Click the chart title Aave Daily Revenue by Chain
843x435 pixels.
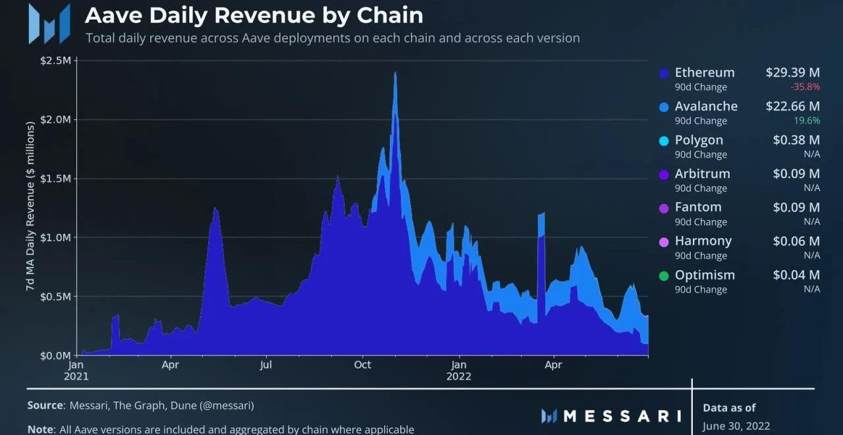tap(254, 15)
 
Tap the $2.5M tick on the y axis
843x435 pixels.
tap(56, 61)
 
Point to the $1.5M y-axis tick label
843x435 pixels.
tap(56, 179)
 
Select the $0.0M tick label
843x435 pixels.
tap(56, 355)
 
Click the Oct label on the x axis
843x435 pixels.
tap(362, 364)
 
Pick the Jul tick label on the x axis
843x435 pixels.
tap(266, 364)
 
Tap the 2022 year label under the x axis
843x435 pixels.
tap(458, 377)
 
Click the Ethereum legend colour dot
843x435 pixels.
tap(664, 74)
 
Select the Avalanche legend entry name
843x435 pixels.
tap(706, 106)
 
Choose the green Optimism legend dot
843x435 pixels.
tap(664, 275)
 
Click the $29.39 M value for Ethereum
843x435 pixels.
tap(792, 72)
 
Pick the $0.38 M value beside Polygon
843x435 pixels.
tap(796, 140)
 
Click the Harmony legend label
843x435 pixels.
tap(703, 241)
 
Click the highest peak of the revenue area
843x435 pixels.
tap(395, 72)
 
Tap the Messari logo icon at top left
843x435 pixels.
tap(49, 24)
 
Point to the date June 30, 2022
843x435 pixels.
tap(736, 426)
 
